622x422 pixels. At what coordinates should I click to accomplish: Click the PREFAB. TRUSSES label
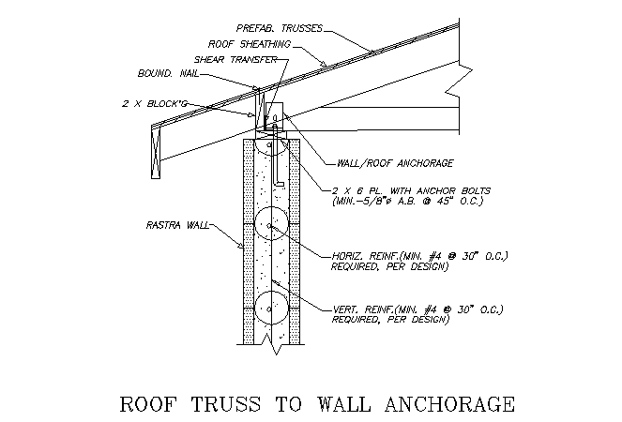(280, 28)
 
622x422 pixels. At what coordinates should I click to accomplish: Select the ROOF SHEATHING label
(250, 44)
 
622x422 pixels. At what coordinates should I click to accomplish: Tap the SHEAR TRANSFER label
(235, 59)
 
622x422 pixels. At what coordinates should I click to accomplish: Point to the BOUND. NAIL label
(168, 73)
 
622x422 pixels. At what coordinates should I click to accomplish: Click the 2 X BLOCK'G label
(154, 103)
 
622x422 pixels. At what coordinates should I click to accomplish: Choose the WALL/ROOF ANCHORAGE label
(395, 163)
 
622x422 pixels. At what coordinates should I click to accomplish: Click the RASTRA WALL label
(177, 225)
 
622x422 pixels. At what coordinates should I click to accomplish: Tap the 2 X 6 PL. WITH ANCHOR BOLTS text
(411, 190)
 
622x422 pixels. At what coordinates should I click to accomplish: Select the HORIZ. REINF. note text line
(419, 256)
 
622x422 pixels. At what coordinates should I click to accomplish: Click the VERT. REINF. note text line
(417, 309)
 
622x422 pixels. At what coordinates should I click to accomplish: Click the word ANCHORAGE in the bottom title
(449, 404)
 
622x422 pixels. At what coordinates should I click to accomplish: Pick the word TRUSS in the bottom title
(226, 404)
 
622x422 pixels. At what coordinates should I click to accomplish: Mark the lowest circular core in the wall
(271, 309)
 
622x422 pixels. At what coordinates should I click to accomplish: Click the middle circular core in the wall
(271, 223)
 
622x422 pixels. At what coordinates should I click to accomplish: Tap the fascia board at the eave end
(156, 152)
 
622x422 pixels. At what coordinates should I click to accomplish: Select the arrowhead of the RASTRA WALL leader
(241, 246)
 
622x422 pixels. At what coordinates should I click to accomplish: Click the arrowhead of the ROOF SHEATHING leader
(324, 64)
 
